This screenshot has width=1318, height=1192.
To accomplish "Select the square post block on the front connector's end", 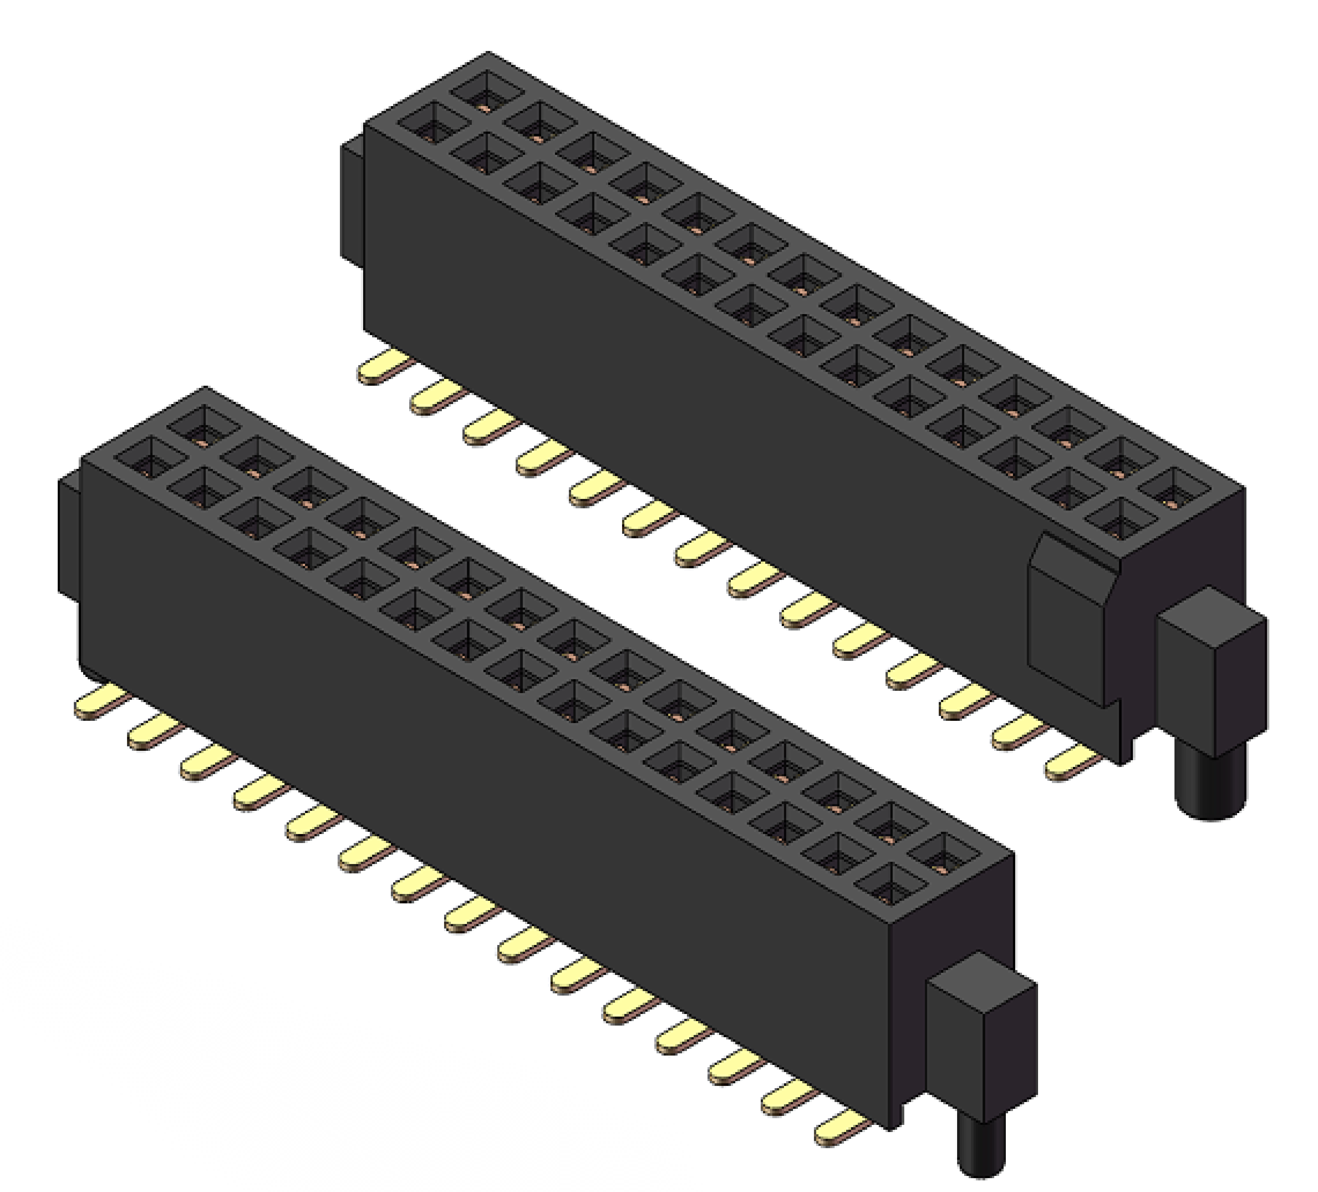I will point(981,1040).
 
